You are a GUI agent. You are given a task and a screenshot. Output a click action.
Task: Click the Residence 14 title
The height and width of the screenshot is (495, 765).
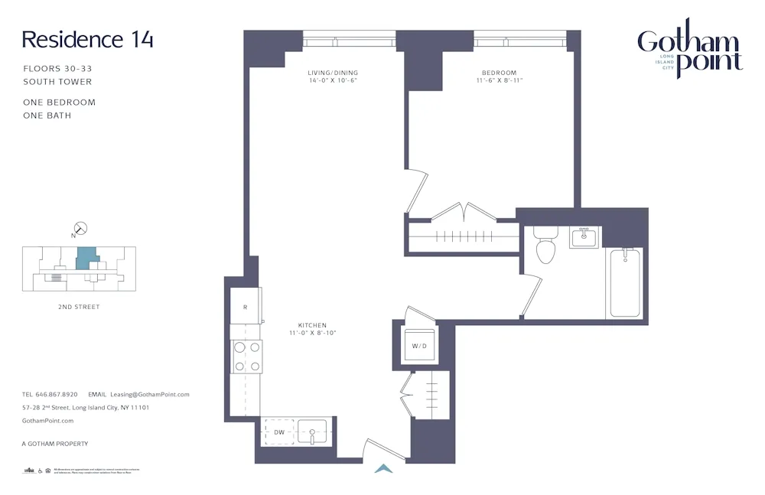point(87,40)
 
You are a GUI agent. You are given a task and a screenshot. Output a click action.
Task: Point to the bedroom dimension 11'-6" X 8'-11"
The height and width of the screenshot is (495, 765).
point(500,80)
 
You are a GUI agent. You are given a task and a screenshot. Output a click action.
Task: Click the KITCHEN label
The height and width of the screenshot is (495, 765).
point(312,325)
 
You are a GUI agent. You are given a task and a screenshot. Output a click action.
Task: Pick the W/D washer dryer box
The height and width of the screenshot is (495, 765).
point(419,346)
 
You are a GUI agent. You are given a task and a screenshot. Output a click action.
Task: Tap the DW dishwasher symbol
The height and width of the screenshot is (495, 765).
point(279,432)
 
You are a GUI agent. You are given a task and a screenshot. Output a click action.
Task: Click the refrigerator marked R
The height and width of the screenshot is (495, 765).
point(246,307)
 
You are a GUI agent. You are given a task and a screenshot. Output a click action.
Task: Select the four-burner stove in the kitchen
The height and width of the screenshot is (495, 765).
point(246,357)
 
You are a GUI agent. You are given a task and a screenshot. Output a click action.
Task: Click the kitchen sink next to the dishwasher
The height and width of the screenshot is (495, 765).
point(312,432)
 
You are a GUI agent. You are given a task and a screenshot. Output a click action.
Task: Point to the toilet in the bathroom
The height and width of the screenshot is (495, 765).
point(545,246)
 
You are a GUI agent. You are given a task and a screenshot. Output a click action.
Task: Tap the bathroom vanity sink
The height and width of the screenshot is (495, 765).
point(585,237)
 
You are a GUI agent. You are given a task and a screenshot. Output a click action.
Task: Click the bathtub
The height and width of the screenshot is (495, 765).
point(625,282)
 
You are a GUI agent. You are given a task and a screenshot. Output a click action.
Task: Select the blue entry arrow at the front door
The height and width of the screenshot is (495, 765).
point(383,468)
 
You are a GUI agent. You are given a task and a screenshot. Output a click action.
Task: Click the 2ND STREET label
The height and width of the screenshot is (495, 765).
point(79,307)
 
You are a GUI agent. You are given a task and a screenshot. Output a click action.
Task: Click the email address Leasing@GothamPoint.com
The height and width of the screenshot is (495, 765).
point(150,395)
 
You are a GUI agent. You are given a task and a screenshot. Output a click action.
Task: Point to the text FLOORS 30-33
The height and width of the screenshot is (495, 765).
point(57,69)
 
